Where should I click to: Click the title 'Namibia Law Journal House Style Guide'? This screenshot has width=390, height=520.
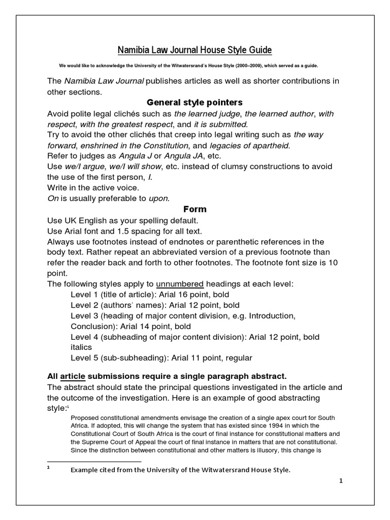tap(195, 50)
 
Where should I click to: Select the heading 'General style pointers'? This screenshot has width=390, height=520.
tap(195, 103)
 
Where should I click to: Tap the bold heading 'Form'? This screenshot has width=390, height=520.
tap(195, 209)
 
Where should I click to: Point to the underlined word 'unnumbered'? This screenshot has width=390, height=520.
tap(180, 283)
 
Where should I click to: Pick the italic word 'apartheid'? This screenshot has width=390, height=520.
tap(269, 145)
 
